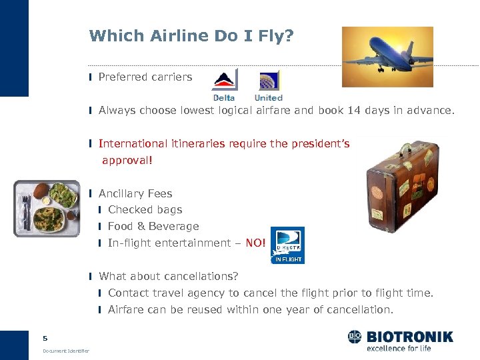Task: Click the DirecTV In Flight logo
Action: click(287, 245)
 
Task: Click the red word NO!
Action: click(255, 243)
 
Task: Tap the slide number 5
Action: click(45, 338)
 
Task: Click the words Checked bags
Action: click(145, 210)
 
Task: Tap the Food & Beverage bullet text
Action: click(153, 227)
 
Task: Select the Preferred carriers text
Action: click(145, 77)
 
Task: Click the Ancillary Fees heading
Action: click(135, 194)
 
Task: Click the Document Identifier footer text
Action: click(66, 351)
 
